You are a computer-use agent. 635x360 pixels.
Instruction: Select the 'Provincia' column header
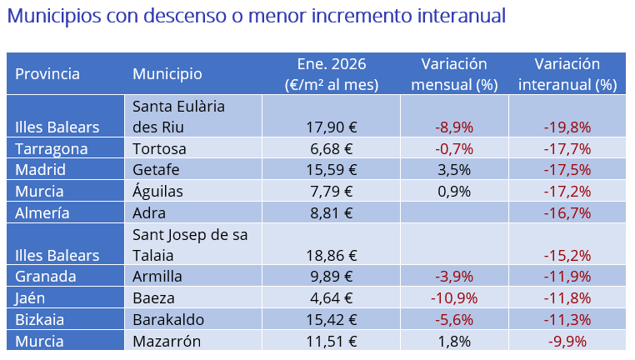click(47, 73)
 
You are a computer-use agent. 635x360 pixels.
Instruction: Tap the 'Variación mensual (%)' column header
click(454, 74)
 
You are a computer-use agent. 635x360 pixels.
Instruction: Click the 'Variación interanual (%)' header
click(567, 74)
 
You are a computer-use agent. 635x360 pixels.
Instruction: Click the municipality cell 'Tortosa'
click(159, 149)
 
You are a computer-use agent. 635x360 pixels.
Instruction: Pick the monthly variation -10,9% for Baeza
click(453, 297)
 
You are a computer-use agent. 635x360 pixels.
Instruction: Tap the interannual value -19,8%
click(567, 127)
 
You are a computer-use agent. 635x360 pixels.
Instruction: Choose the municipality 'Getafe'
click(156, 170)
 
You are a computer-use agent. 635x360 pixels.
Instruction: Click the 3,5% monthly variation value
click(454, 170)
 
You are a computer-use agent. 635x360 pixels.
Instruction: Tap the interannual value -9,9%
click(567, 340)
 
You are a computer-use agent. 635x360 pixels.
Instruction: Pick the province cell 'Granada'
click(46, 277)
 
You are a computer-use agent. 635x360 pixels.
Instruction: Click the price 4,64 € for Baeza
click(332, 297)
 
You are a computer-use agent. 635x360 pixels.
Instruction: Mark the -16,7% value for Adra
click(567, 212)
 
